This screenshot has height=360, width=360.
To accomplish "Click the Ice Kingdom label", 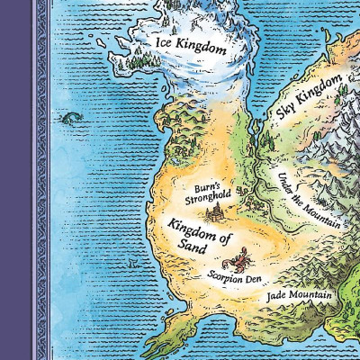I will [191, 46].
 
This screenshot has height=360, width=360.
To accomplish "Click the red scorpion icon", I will [241, 262].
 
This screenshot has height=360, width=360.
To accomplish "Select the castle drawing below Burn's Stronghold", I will [217, 213].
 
